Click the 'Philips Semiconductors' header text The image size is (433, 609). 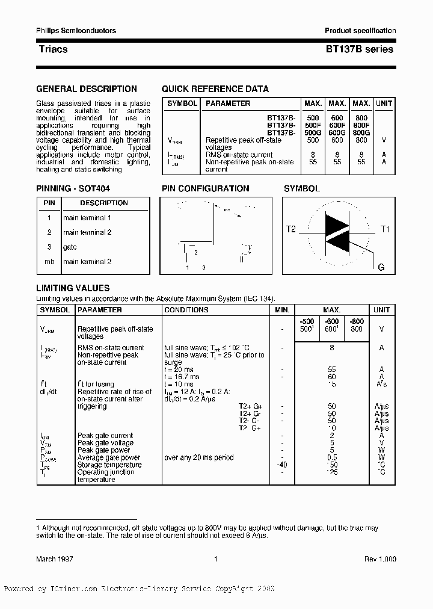point(76,31)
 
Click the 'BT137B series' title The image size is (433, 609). point(360,49)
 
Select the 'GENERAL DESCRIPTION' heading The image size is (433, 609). point(87,89)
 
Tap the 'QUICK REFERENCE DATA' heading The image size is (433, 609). point(215,89)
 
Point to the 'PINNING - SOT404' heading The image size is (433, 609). point(73,188)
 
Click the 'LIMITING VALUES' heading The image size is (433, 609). point(73,288)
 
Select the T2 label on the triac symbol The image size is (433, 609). point(291,229)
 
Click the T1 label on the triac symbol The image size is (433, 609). point(385,229)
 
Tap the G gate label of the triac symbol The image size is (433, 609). point(381,267)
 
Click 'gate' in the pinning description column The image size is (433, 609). point(70,247)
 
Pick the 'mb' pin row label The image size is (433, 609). point(49,262)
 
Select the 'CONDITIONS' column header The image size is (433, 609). point(186,310)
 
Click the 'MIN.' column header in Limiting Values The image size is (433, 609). point(282,310)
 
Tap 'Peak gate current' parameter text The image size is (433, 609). point(105,436)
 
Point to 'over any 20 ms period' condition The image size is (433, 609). point(199,457)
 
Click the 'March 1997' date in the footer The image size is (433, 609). point(55,559)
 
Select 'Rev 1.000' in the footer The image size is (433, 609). point(379,559)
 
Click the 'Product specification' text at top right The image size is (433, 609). point(360,31)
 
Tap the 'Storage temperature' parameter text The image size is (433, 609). point(109,465)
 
